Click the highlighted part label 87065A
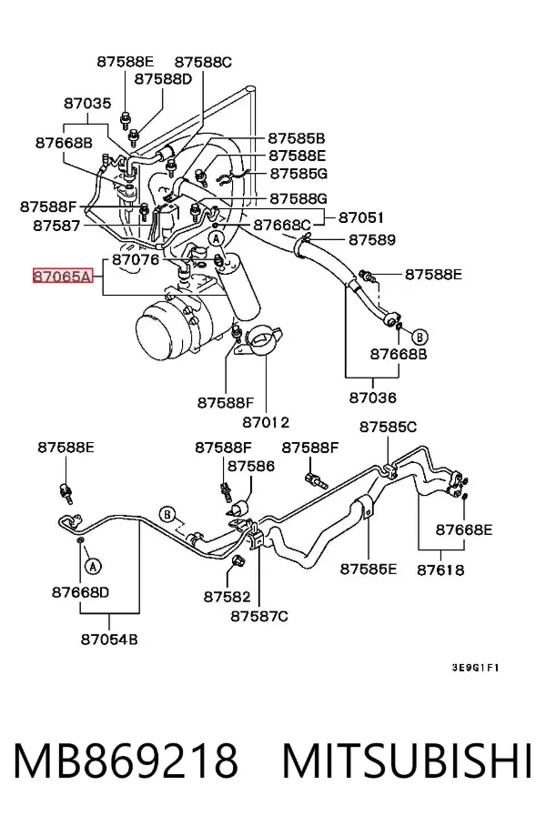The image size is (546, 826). pos(63,276)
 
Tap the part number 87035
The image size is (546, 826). pos(88,104)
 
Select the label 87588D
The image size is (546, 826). pos(164,79)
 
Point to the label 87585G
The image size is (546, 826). pos(298,174)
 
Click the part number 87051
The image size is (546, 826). pos(361,217)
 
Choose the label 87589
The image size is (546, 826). pos(372,239)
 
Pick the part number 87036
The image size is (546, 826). pos(372,397)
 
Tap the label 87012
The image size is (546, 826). pos(266,422)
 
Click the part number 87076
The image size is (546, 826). pos(136,259)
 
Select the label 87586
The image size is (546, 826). pos(251,466)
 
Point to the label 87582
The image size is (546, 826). pos(227,597)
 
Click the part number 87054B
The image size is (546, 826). pos(109,639)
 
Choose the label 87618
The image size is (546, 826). pos(440,569)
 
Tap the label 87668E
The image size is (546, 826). pos(464,529)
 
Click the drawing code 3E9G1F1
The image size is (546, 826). pos(475,668)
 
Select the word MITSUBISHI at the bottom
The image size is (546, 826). pos(408,761)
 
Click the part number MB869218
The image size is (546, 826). pos(126,761)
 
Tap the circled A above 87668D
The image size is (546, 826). pos(94,567)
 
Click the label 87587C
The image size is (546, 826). pos(259,616)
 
